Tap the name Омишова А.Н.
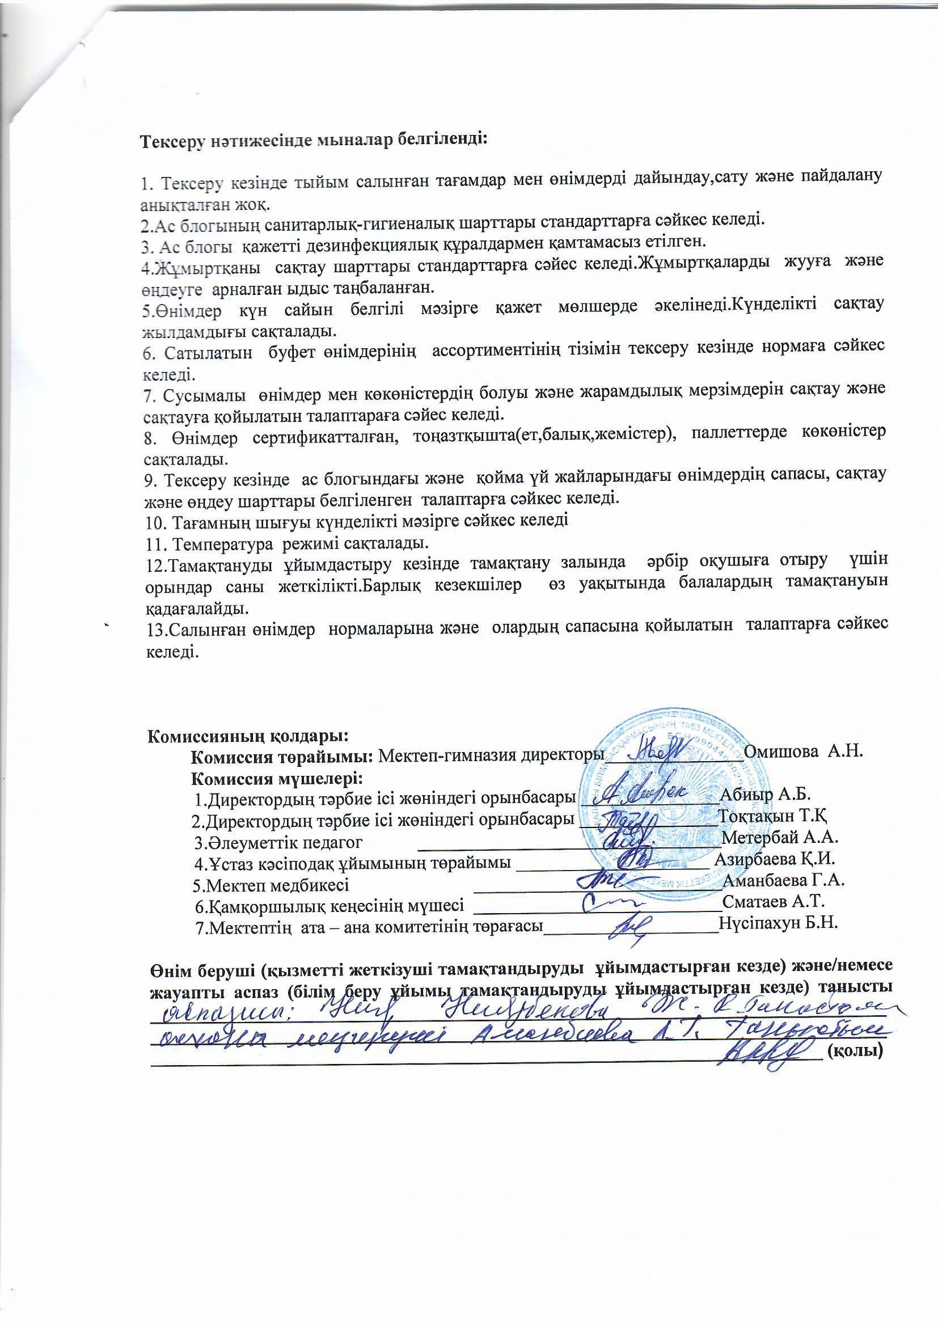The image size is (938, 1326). pyautogui.click(x=804, y=752)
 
